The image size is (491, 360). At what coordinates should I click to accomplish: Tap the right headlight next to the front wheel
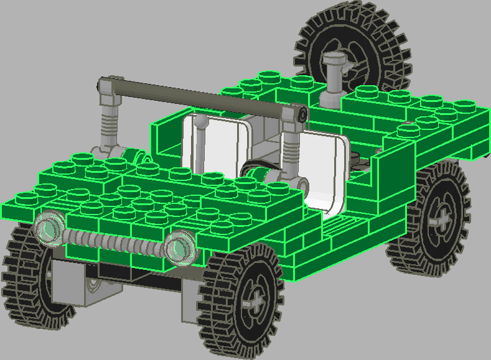[180, 246]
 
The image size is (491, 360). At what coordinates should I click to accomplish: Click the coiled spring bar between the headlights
[112, 240]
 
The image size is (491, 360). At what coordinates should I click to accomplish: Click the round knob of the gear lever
[201, 123]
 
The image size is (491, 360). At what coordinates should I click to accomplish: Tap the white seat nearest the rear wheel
[324, 174]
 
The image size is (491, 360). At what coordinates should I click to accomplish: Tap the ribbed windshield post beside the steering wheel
[291, 149]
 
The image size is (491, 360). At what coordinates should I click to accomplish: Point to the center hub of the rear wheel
[443, 218]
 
